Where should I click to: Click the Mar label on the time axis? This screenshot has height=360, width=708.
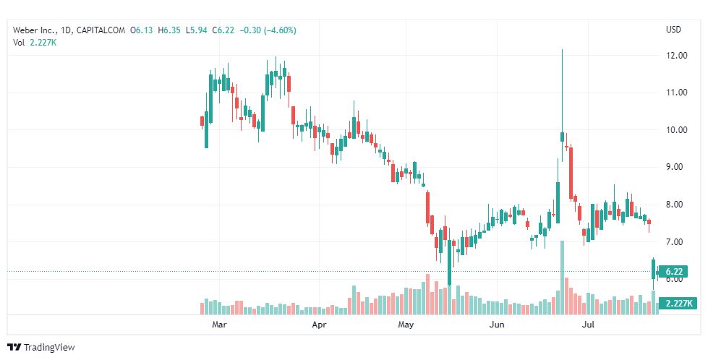(x=221, y=325)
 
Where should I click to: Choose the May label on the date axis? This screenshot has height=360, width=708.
(x=406, y=325)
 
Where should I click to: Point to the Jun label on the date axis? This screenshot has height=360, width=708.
(x=497, y=325)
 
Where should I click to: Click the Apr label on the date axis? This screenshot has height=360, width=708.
(x=318, y=325)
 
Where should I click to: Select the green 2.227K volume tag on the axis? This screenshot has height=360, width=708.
(x=678, y=304)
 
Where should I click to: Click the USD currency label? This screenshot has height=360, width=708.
(x=674, y=30)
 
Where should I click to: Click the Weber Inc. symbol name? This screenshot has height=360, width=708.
(x=34, y=30)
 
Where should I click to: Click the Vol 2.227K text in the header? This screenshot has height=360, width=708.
(x=35, y=42)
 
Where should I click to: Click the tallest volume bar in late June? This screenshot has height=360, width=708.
(x=562, y=278)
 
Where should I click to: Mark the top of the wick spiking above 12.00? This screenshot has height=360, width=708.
(x=562, y=49)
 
